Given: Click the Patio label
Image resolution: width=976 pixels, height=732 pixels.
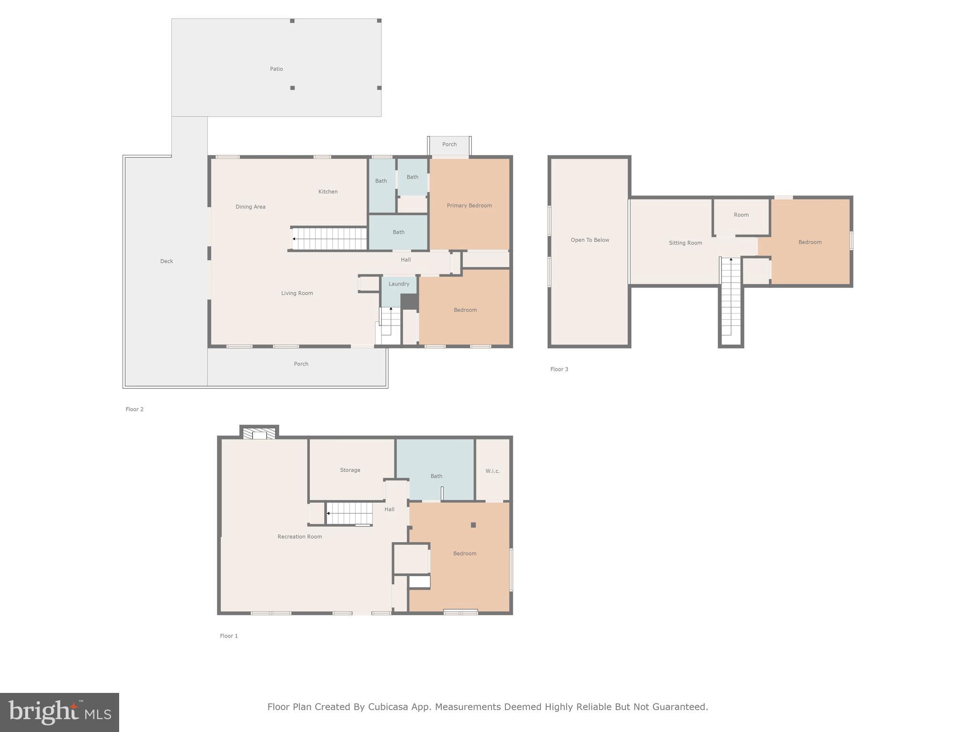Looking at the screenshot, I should [x=276, y=69].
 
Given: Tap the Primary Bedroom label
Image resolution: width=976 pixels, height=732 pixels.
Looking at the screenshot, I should [x=469, y=205].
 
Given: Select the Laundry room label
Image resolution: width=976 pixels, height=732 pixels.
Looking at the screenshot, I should [x=398, y=284].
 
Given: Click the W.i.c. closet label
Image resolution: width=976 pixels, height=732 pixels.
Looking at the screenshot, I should [x=492, y=471].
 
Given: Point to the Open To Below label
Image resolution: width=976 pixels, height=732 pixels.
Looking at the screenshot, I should [x=590, y=240].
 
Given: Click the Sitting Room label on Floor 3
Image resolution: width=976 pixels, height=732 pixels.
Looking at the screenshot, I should [x=685, y=243].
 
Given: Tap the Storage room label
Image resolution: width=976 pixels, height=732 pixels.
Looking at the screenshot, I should [x=350, y=470].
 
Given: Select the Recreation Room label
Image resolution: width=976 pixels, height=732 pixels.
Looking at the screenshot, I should [x=299, y=537].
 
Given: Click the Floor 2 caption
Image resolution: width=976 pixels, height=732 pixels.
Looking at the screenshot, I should [x=134, y=409].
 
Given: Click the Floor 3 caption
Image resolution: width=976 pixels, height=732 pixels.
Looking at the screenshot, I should [x=559, y=369].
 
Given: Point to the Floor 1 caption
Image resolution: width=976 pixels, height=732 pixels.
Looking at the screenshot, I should [x=229, y=636].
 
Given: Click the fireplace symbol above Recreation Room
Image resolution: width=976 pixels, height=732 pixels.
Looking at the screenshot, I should [x=259, y=433].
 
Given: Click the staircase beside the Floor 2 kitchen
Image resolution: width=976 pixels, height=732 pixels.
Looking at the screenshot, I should [x=329, y=239].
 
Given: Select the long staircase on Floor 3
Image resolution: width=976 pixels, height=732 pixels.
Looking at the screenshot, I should [x=731, y=298].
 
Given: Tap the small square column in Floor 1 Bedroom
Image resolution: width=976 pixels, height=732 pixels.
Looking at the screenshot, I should [x=473, y=525].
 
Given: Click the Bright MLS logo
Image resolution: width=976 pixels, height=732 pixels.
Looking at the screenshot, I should [x=60, y=712].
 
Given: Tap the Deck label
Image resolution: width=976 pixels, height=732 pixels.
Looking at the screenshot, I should [x=166, y=261].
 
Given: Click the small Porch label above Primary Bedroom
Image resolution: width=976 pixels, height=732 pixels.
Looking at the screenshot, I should [x=449, y=144].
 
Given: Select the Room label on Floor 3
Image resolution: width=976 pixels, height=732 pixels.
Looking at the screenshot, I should [x=741, y=215].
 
